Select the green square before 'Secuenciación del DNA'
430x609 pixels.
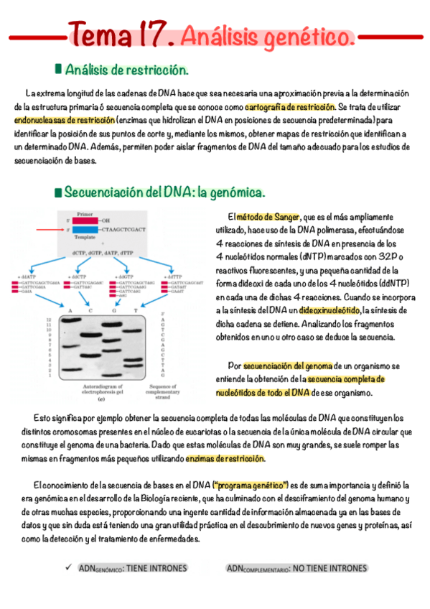(58, 192)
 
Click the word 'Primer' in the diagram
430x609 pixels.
(85, 213)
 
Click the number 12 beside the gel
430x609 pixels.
(47, 319)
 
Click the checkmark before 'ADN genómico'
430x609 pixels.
(68, 567)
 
